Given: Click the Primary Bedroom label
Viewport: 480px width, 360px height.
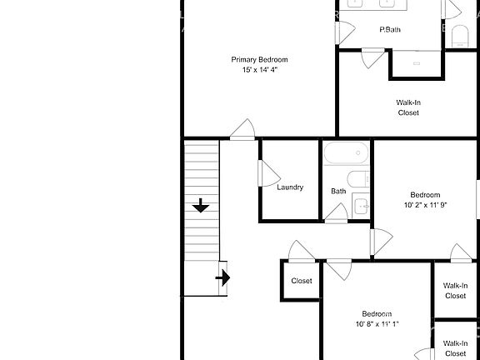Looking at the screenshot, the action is tap(259, 59).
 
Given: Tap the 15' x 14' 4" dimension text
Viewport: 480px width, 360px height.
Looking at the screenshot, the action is tap(260, 70).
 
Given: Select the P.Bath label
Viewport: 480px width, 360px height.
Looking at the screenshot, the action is tap(390, 30).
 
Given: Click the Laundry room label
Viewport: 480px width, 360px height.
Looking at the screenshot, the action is tap(290, 187).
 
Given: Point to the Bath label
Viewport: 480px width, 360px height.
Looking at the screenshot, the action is tap(338, 191).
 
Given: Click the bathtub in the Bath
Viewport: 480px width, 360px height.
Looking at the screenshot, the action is tap(346, 152).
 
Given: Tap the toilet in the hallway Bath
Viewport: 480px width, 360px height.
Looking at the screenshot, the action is tap(358, 179).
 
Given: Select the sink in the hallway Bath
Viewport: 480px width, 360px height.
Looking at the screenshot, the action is tap(361, 206).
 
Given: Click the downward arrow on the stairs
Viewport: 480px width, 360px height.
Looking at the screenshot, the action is tap(201, 206).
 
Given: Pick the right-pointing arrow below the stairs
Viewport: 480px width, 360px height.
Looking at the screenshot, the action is tap(222, 277).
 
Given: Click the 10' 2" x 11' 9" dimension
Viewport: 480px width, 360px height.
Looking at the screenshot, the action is tap(425, 205).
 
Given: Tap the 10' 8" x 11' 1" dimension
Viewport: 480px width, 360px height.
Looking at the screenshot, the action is tap(377, 324).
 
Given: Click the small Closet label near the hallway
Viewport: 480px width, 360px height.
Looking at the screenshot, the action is tap(302, 281).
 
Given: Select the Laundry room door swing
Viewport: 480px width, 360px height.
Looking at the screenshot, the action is tap(269, 173).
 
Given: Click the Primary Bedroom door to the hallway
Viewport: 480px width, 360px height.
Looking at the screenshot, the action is tap(242, 130).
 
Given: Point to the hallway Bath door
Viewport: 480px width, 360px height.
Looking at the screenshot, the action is tap(336, 213).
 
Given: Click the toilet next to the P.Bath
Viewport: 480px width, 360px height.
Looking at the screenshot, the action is tap(460, 36).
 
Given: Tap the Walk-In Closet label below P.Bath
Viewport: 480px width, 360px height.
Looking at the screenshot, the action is tap(408, 107).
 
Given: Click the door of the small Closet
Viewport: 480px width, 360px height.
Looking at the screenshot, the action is tap(302, 252).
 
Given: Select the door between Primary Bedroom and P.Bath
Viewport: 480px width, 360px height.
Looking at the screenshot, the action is tap(345, 32).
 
